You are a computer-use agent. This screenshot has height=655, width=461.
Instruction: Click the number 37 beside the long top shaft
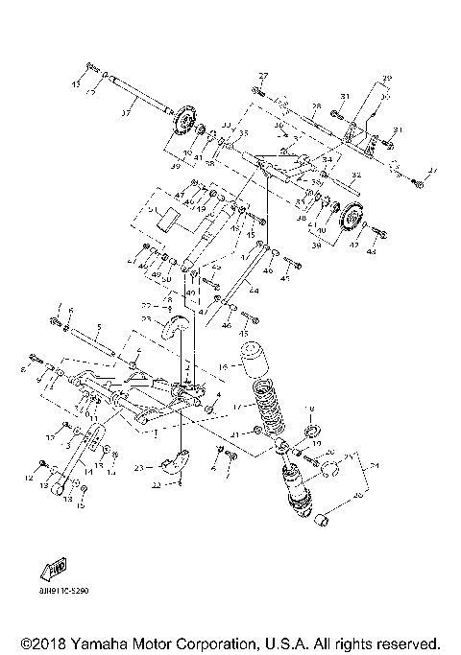pos(125,112)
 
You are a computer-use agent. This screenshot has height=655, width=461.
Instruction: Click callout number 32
pos(356,175)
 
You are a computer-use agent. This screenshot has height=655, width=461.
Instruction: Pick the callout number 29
pos(388,78)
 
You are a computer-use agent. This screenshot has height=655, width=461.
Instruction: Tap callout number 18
pos(310,409)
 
